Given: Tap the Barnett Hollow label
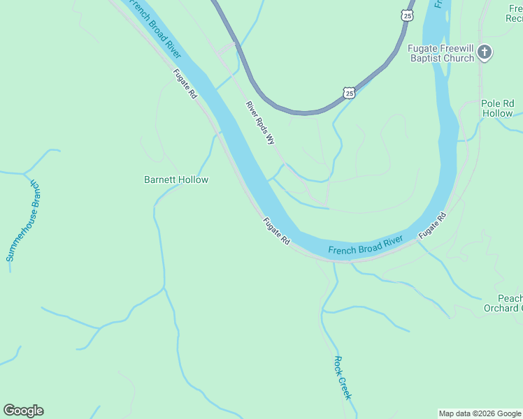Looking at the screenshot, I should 176,179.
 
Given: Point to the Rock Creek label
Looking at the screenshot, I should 342,378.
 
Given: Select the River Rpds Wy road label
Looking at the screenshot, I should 260,123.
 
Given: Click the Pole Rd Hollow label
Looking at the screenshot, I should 497,108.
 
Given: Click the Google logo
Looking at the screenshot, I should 23,411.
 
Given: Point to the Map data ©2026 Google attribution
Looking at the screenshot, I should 480,413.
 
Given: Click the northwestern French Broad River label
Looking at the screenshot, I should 156,28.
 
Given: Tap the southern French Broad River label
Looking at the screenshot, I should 365,245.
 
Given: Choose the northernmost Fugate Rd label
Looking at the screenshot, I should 186,83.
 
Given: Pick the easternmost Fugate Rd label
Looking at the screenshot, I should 433,228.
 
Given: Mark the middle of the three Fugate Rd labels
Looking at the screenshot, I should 276,231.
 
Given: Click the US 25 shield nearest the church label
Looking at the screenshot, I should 408,15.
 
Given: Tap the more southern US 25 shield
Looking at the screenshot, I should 349,92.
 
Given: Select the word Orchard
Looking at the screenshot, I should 501,308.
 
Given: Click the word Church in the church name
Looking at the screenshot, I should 459,59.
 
